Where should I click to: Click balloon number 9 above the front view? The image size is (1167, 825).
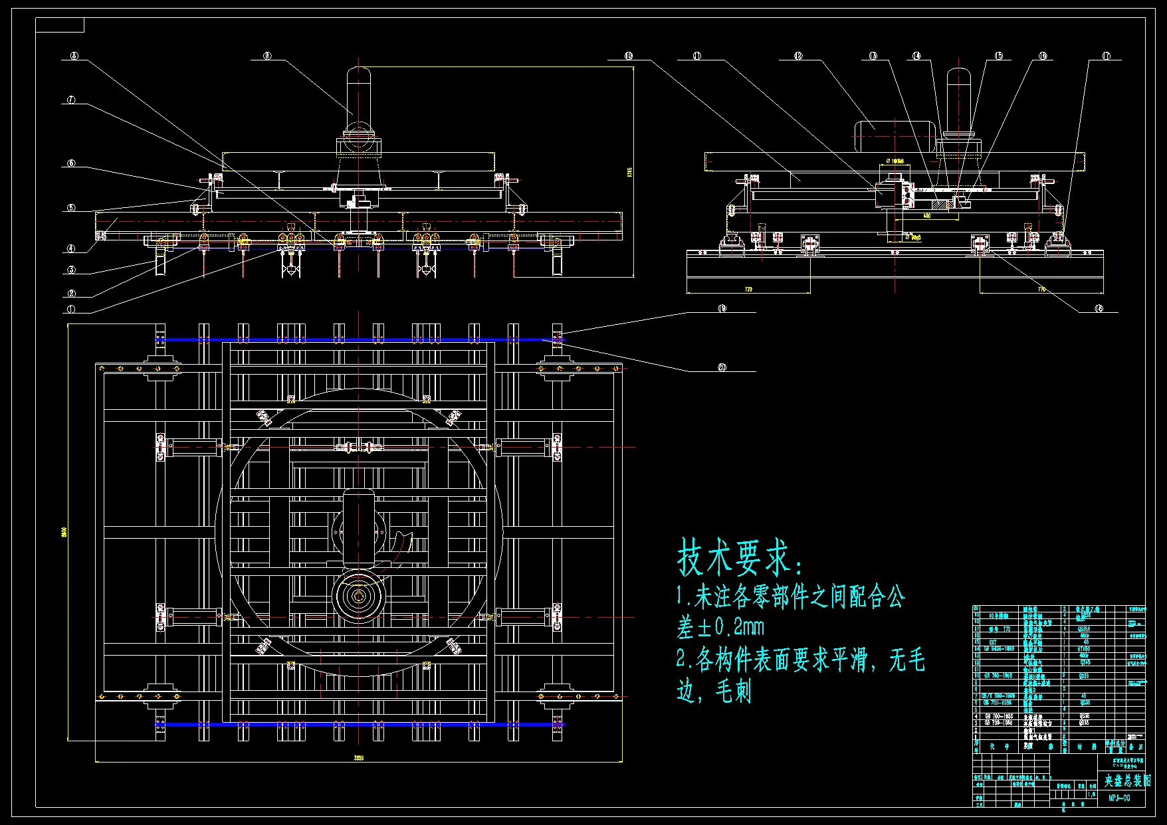(x=267, y=56)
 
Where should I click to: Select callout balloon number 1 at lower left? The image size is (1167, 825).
(x=71, y=309)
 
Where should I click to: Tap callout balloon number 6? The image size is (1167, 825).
(x=71, y=163)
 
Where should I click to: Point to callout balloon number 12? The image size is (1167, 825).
(x=798, y=56)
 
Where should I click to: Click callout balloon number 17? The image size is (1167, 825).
(x=1106, y=56)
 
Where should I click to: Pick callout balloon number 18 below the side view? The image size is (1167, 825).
(x=1099, y=308)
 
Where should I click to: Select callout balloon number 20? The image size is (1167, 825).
(x=722, y=367)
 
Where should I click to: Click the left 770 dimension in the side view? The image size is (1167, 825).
(x=748, y=290)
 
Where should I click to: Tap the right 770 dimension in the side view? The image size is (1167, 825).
(x=1041, y=290)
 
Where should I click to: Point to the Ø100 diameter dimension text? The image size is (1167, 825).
(x=896, y=161)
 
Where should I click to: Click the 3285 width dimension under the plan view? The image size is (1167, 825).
(x=359, y=757)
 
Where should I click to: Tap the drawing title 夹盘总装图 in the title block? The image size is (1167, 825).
(x=1127, y=781)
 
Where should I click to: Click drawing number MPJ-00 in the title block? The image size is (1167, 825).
(x=1119, y=798)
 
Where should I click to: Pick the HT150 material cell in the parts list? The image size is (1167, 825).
(x=1085, y=649)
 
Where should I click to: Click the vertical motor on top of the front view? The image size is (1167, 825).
(x=358, y=93)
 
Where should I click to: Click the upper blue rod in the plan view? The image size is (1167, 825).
(x=359, y=339)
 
